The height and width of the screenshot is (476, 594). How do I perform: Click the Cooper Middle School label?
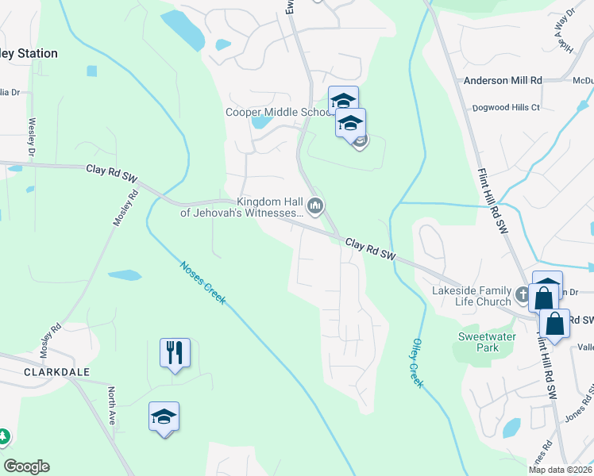[x=277, y=112]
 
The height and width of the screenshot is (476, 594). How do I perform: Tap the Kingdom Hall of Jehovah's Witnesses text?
[x=241, y=208]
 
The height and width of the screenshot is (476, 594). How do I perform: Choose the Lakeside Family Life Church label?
[x=471, y=296]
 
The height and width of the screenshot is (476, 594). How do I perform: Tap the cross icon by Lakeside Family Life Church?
[x=522, y=295]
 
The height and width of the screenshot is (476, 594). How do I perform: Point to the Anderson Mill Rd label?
[x=502, y=80]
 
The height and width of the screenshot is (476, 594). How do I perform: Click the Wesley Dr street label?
[x=33, y=136]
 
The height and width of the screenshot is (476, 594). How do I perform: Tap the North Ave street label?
[x=112, y=407]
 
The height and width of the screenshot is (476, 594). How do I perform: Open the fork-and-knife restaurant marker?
[x=175, y=352]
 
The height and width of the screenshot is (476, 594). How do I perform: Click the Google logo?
[x=26, y=466]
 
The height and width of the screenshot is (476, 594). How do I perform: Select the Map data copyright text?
[x=560, y=470]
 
